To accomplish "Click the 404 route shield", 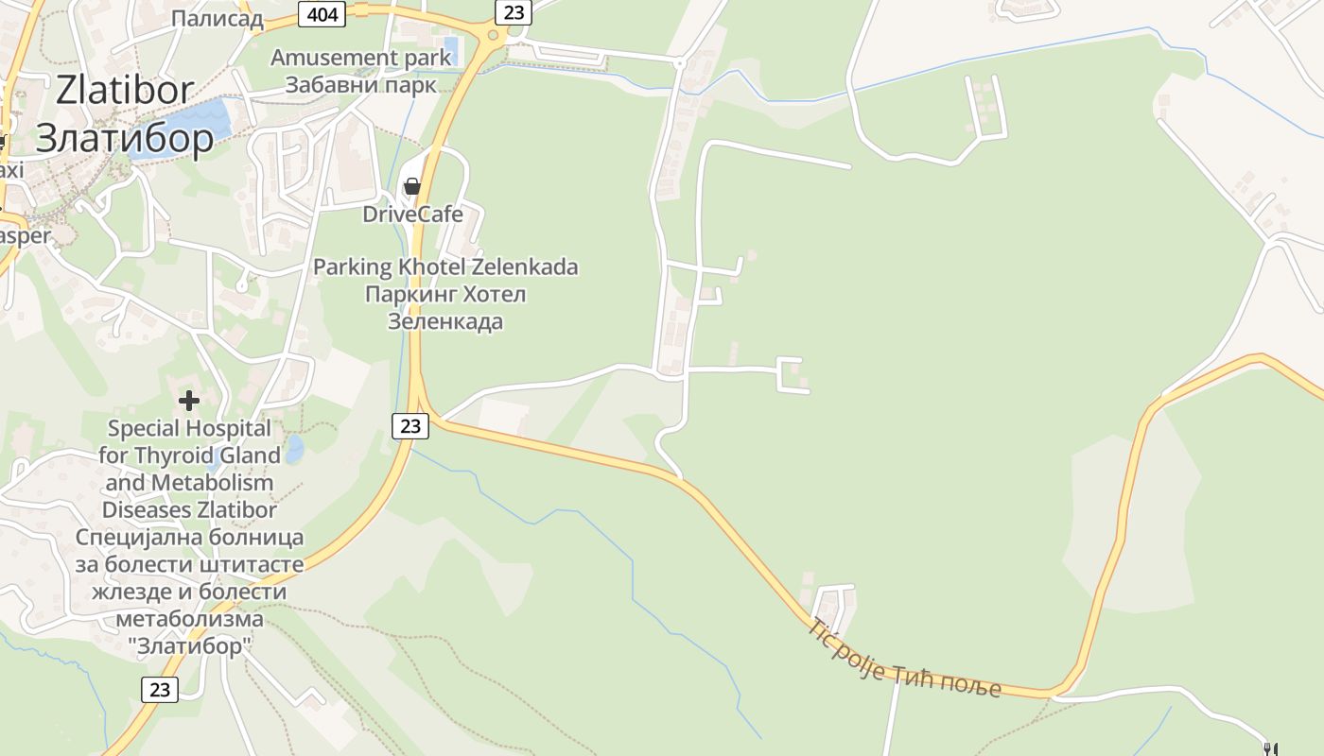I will point(323,12).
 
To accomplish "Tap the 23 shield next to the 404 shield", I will point(514,11).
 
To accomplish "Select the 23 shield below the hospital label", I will point(160,689).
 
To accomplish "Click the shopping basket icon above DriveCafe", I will point(412,186).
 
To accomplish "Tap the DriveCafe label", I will point(413,214).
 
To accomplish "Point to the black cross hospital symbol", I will point(189,401).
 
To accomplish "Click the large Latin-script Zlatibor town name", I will point(125,91).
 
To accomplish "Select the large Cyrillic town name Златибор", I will point(125,138).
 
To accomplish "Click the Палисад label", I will point(218,19).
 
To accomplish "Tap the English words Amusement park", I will point(361,58).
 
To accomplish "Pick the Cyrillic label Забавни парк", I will point(361,84).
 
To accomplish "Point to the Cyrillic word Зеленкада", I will point(445,321).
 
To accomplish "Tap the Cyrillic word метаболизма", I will point(189,619).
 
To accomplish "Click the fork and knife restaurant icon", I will point(1270,749).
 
